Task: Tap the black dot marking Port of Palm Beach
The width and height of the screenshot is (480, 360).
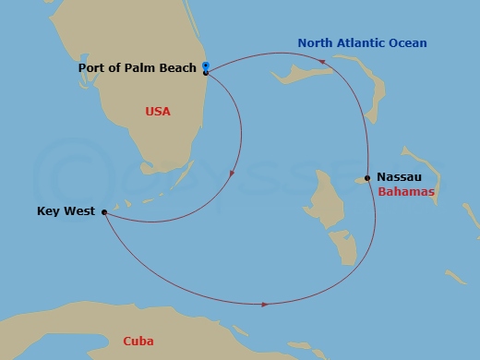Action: pyautogui.click(x=206, y=72)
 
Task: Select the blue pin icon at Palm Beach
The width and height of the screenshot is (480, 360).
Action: pyautogui.click(x=206, y=66)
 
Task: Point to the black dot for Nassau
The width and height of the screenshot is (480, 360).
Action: pyautogui.click(x=367, y=177)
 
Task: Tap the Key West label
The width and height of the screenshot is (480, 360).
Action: pyautogui.click(x=66, y=211)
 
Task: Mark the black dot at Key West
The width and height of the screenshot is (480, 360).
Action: pyautogui.click(x=103, y=212)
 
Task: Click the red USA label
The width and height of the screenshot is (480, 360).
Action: pyautogui.click(x=158, y=112)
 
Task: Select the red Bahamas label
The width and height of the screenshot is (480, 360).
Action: pyautogui.click(x=406, y=192)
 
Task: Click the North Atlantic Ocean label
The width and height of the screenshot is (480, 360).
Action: pyautogui.click(x=362, y=43)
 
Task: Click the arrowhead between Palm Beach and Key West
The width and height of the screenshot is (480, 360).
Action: pyautogui.click(x=232, y=173)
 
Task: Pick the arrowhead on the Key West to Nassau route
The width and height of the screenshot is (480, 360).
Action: pyautogui.click(x=265, y=304)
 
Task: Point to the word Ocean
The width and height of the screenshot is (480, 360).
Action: pyautogui.click(x=408, y=43)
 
